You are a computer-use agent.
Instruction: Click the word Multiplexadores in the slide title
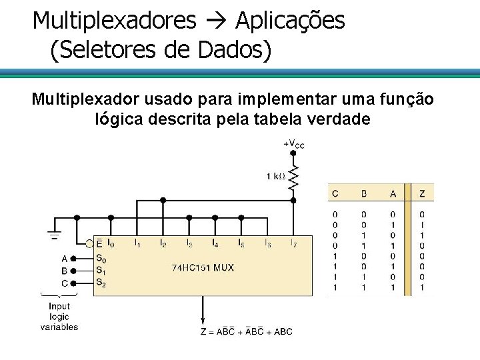click(114, 21)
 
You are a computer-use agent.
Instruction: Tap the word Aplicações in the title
click(290, 21)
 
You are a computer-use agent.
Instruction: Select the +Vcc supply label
click(293, 144)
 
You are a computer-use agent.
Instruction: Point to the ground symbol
click(53, 235)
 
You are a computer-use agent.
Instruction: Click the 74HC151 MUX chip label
click(203, 268)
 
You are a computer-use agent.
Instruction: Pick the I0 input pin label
click(111, 244)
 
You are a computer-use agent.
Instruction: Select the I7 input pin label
click(294, 244)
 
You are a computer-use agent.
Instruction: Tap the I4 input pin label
click(215, 244)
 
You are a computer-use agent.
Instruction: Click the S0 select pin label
click(101, 258)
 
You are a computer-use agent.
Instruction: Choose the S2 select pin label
click(101, 283)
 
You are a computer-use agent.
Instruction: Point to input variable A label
click(65, 259)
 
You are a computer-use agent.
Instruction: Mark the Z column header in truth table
click(421, 194)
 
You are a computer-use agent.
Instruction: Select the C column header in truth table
click(335, 194)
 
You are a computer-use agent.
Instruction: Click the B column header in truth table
click(364, 194)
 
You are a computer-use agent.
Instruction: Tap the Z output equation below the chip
click(246, 331)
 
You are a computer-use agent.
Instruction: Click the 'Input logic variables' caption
click(59, 317)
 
